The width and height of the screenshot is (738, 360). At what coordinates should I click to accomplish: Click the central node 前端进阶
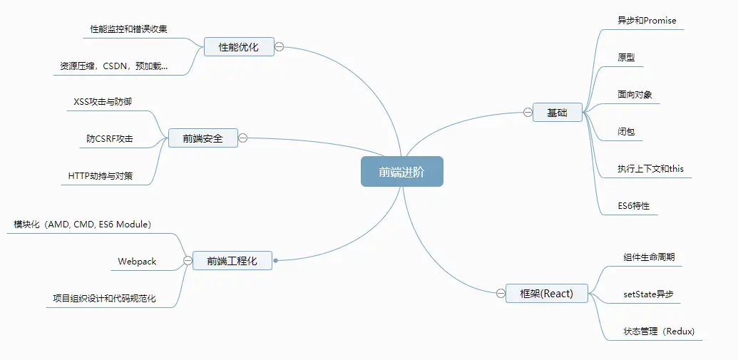tap(401, 172)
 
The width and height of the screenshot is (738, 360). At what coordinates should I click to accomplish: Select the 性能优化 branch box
tap(238, 47)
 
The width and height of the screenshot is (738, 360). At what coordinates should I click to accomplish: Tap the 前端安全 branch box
tap(203, 138)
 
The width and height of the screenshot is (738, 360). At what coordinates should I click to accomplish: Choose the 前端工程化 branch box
tap(232, 261)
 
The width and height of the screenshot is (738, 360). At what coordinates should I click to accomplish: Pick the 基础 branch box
tap(557, 113)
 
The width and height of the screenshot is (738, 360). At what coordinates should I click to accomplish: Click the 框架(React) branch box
tap(547, 293)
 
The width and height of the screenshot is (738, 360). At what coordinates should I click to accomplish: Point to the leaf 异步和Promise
tap(647, 20)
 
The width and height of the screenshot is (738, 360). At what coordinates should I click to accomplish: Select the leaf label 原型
tap(627, 57)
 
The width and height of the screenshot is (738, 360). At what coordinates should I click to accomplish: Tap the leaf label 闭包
tap(627, 132)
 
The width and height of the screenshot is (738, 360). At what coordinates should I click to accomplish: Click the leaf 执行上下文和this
tap(650, 169)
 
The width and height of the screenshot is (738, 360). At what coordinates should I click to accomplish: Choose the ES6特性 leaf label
tap(634, 206)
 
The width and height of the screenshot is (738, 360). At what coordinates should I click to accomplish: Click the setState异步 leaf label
tap(648, 294)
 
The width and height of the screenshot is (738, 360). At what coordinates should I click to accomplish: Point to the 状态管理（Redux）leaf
tap(659, 331)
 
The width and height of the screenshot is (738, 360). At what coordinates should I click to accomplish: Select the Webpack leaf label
tap(137, 262)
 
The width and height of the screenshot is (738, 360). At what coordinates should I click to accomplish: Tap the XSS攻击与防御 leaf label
tap(103, 102)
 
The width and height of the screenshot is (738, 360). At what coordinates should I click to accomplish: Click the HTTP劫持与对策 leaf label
tap(101, 175)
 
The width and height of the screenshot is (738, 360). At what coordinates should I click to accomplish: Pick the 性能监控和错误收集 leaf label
tap(128, 29)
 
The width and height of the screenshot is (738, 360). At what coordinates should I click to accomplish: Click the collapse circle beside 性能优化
tap(279, 47)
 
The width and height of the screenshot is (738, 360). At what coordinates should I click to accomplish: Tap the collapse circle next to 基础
tap(528, 112)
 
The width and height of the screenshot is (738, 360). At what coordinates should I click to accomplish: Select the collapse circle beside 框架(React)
tap(501, 293)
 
